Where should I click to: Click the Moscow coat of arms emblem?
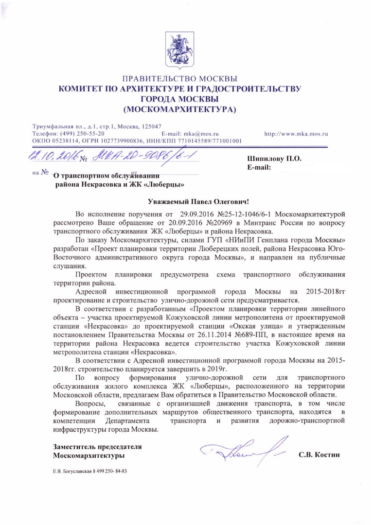[179, 49]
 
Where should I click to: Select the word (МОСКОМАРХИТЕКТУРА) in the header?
[180, 109]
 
